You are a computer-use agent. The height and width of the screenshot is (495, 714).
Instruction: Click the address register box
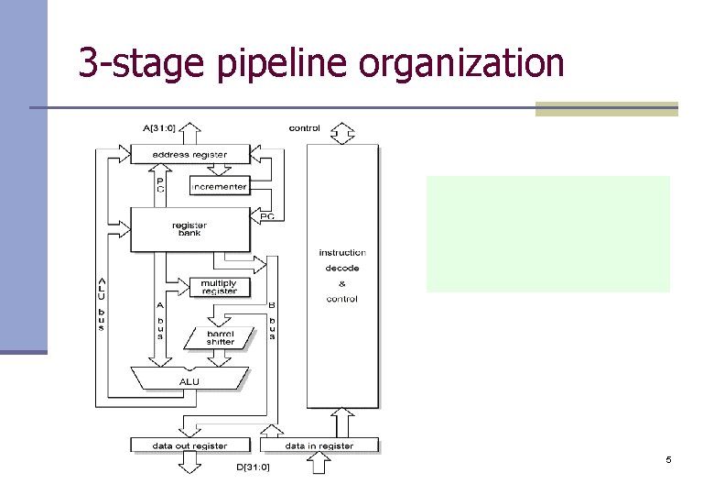point(190,155)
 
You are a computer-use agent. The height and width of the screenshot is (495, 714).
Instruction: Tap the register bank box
point(189,229)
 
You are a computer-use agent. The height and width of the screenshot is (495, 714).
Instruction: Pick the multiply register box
point(220,287)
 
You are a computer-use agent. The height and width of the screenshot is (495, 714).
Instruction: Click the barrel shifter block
point(220,338)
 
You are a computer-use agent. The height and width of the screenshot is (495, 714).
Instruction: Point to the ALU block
point(189,379)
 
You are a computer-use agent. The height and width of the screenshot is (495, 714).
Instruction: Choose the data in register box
point(319,445)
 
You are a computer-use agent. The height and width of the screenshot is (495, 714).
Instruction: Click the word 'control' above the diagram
point(305,128)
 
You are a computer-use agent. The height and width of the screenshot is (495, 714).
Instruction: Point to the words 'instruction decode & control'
point(342,275)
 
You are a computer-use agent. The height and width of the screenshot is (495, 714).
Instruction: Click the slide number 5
point(668,459)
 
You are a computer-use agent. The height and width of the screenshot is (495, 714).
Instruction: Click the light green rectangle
point(547,234)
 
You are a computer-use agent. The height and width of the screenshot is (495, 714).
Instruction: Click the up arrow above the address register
point(189,134)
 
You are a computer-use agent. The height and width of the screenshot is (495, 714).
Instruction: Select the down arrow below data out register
point(190,462)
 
